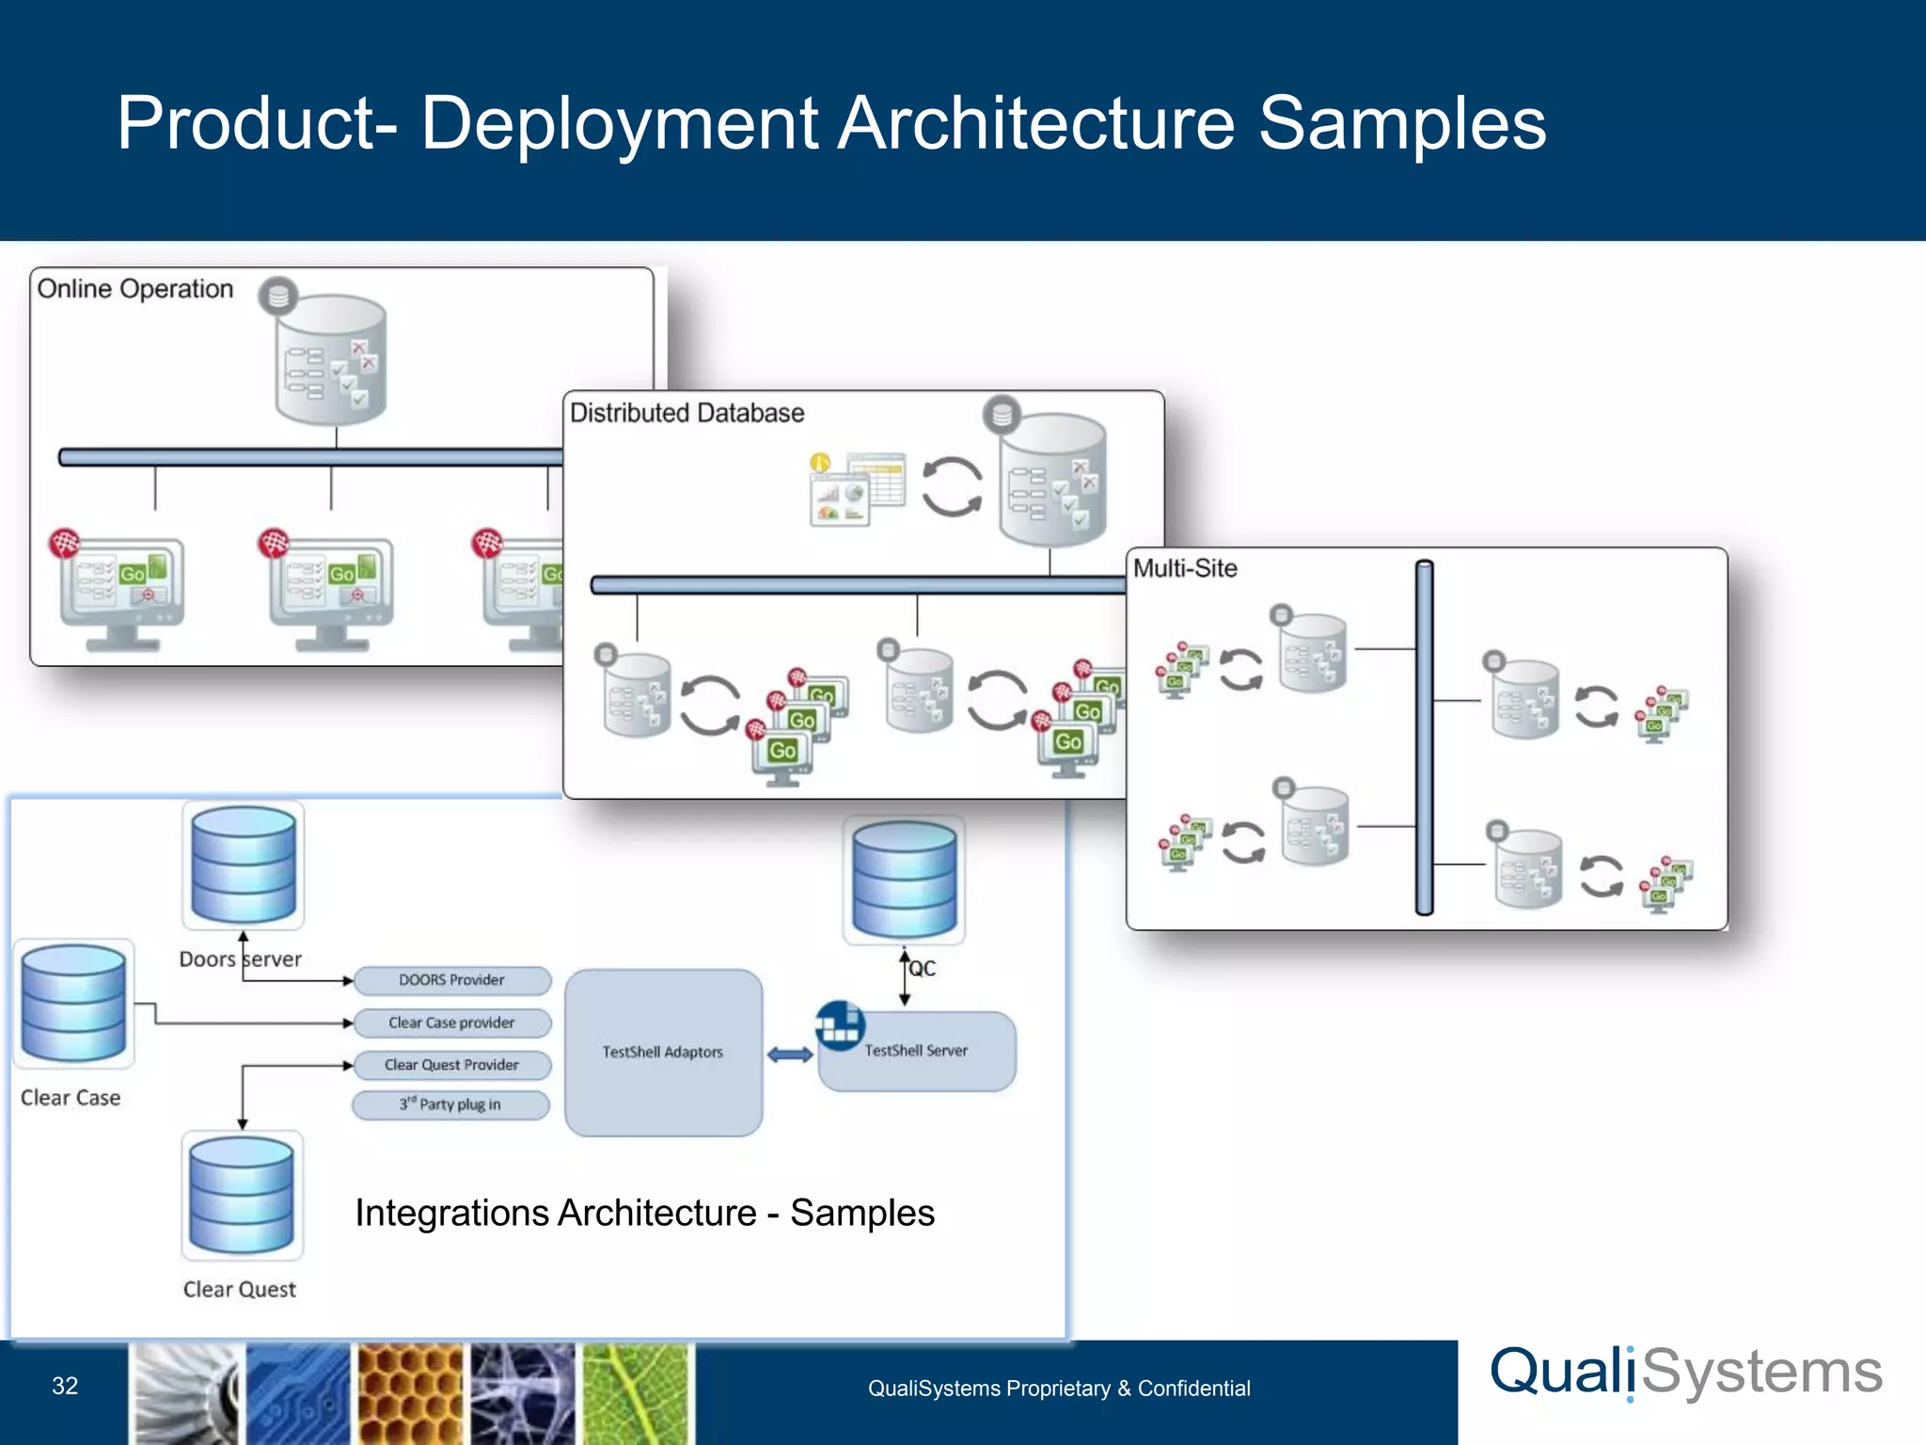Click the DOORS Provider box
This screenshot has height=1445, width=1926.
tap(451, 980)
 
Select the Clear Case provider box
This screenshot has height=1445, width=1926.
tap(451, 1023)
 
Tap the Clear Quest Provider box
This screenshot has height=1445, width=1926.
tap(451, 1065)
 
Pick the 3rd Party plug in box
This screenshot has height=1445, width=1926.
tap(451, 1104)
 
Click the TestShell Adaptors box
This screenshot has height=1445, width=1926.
tap(663, 1052)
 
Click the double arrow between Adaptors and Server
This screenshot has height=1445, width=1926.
tap(790, 1055)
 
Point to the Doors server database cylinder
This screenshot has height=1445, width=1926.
tap(244, 865)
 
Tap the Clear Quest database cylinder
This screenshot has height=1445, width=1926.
tap(242, 1195)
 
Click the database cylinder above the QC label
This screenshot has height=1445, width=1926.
tap(904, 880)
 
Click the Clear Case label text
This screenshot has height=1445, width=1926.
tap(71, 1098)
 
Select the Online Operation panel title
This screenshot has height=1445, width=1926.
tap(135, 289)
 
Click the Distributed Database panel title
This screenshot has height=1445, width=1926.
tap(687, 413)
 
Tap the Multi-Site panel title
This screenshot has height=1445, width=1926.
tap(1185, 568)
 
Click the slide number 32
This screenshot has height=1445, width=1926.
tap(65, 1386)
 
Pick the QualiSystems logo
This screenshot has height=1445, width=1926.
tap(1686, 1373)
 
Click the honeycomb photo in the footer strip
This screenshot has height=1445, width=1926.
tap(411, 1393)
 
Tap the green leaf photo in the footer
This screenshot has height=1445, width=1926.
tap(637, 1393)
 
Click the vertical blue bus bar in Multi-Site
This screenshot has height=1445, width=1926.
tap(1425, 738)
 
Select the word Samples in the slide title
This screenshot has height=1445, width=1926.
tap(1401, 123)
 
